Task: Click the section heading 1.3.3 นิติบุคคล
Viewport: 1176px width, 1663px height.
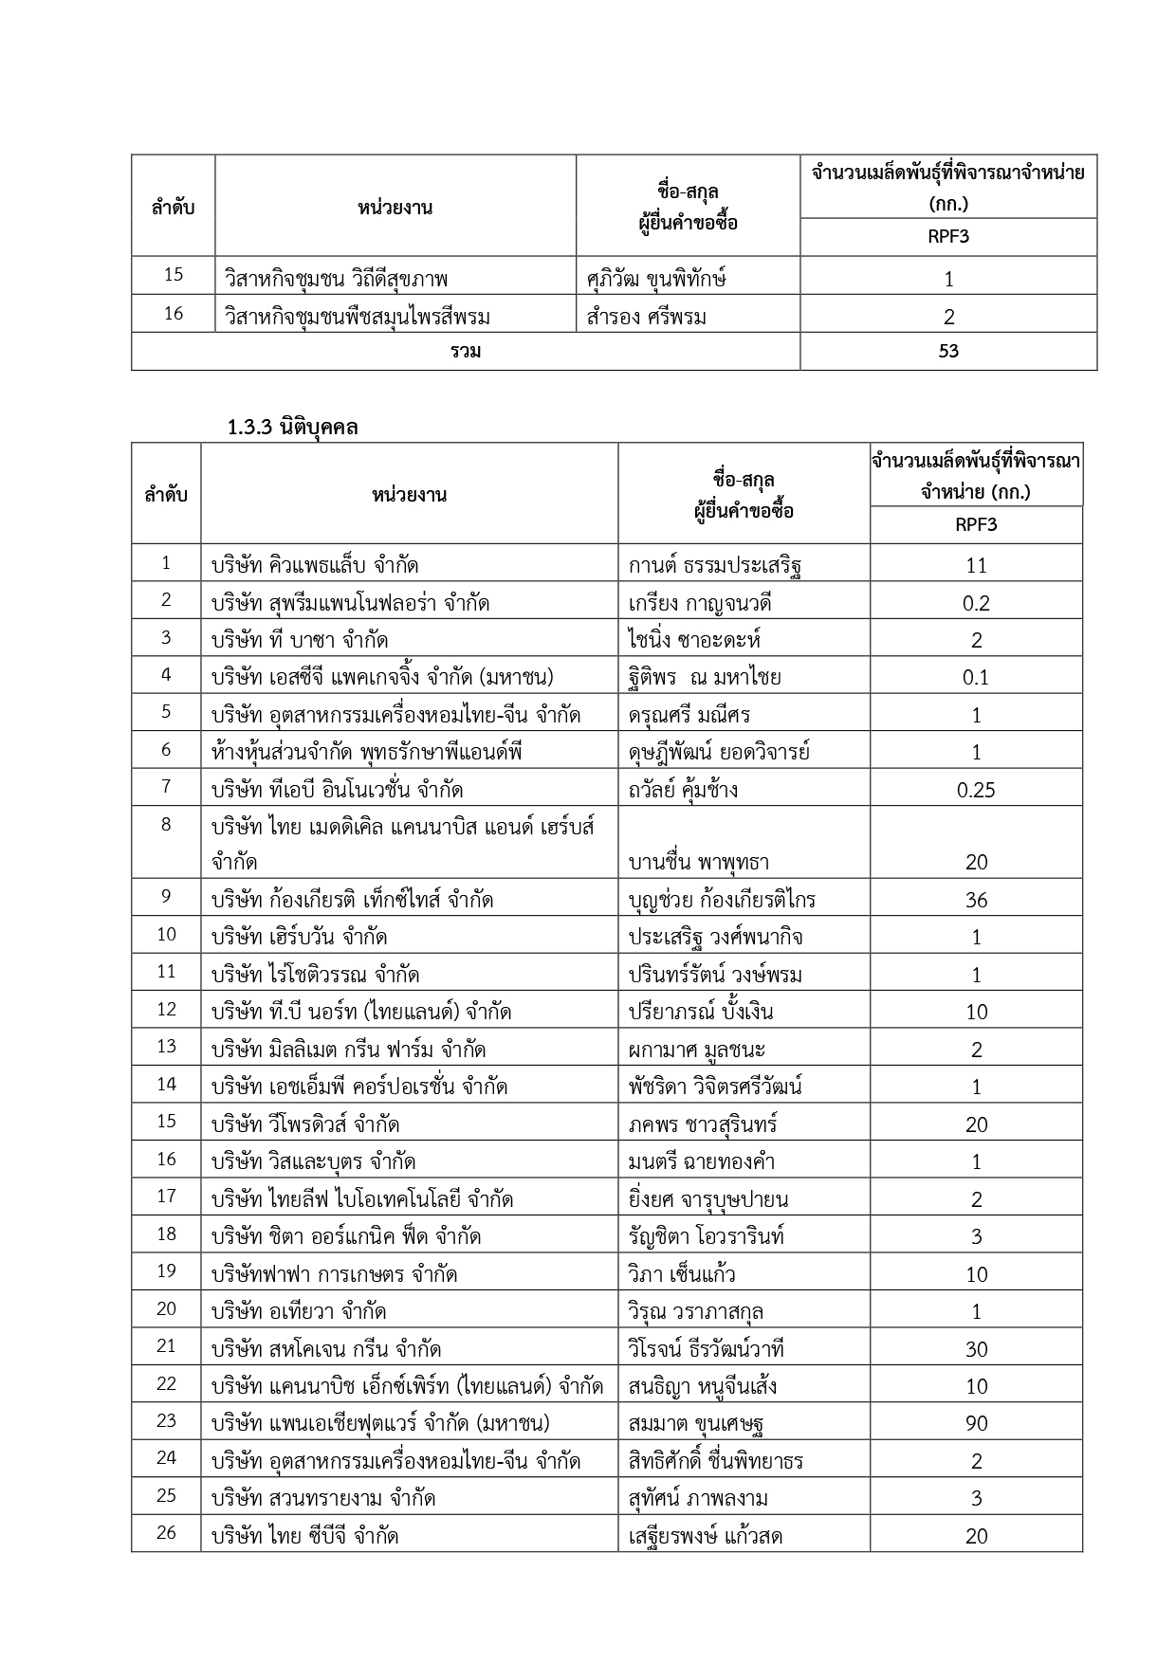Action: coord(292,428)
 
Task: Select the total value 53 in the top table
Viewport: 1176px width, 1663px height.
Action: coord(948,352)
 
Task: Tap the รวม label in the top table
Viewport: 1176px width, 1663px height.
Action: coord(466,352)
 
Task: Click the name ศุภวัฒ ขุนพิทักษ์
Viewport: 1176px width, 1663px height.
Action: coord(656,279)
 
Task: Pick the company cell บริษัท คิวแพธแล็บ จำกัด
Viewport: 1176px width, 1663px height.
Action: coord(315,566)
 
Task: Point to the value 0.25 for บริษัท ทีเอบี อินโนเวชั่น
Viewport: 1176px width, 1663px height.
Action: coord(976,791)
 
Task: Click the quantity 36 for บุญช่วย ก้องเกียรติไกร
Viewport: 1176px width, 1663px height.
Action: coord(976,900)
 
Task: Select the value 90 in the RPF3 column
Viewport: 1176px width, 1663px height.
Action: coord(976,1424)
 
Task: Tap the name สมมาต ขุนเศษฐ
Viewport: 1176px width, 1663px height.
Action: coord(697,1424)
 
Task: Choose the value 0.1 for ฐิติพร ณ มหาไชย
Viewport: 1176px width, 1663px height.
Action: coord(976,678)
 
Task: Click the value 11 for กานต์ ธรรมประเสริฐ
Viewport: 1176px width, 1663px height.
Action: coord(976,566)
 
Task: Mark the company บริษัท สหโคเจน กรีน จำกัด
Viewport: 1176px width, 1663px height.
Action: coord(326,1349)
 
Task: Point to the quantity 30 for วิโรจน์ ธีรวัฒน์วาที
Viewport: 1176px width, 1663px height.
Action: coord(976,1349)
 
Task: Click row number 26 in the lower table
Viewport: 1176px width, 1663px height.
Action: coord(166,1536)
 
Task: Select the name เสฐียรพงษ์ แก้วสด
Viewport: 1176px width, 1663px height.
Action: coord(706,1536)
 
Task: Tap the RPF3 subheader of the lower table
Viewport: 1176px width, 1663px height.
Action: coord(976,525)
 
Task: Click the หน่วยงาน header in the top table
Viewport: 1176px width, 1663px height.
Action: coord(395,207)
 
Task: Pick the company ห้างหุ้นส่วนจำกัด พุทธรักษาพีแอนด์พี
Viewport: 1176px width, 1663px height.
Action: coord(367,753)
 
